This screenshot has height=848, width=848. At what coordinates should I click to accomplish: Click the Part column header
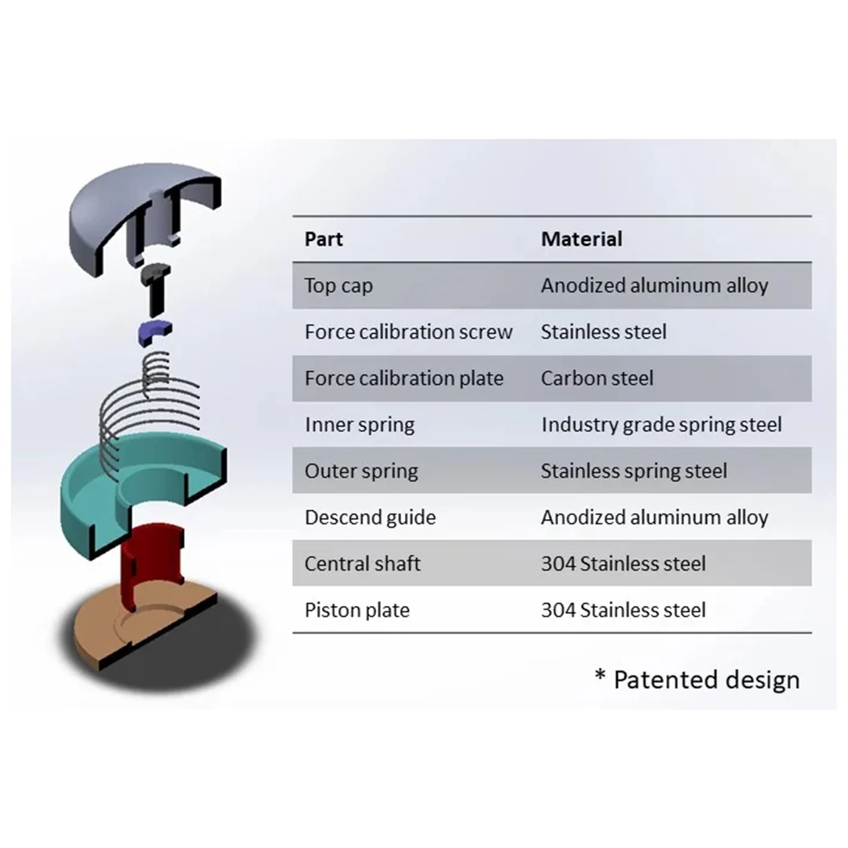323,239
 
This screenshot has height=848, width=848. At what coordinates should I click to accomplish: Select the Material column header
581,239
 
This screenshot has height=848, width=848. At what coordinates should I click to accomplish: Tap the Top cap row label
338,286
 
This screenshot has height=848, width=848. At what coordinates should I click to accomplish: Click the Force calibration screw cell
408,332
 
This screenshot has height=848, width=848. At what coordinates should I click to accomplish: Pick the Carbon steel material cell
597,378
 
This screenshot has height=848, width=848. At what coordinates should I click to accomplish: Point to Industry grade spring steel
661,425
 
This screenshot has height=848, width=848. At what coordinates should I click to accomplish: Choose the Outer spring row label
361,471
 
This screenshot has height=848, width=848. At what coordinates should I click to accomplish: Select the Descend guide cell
370,517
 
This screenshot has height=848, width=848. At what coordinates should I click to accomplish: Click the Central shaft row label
363,564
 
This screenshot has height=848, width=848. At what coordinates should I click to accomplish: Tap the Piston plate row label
357,610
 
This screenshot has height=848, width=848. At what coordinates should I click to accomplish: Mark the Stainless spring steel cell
634,471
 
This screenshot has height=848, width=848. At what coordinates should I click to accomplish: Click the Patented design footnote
697,679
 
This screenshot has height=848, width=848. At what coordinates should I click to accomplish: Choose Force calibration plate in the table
404,378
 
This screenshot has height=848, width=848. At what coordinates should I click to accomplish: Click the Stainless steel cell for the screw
603,332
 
